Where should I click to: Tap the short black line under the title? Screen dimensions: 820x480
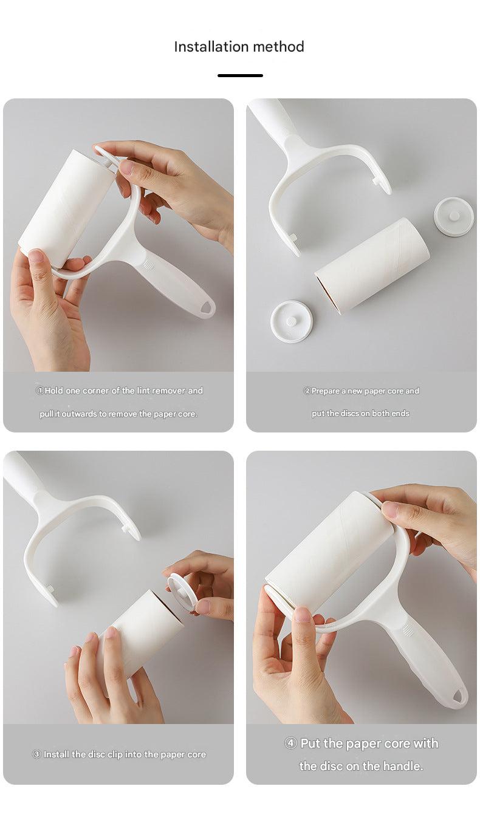(x=240, y=75)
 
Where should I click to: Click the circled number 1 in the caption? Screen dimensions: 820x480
(x=39, y=391)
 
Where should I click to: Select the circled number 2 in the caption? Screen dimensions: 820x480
(x=307, y=391)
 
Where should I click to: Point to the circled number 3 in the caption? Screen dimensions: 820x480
(x=36, y=754)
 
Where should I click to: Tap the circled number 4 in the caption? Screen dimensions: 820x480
(x=290, y=743)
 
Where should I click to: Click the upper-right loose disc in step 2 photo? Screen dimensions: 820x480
(x=453, y=216)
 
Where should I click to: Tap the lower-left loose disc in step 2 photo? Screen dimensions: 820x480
(x=292, y=321)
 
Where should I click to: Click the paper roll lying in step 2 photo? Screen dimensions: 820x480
(x=372, y=265)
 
